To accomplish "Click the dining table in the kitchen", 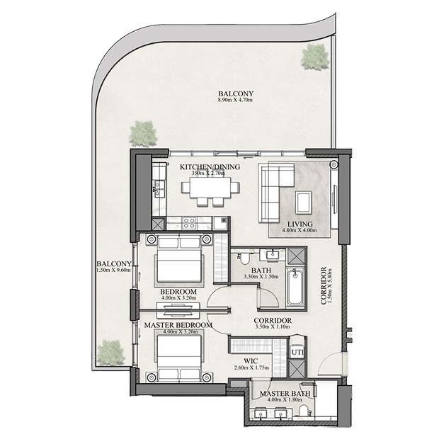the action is pos(210,188).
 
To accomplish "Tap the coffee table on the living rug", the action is pos(304,202).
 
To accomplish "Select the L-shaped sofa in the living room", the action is pos(275,193).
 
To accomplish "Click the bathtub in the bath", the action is pos(295,287).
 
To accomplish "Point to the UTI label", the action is pos(297,353).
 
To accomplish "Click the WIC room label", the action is pos(251,361).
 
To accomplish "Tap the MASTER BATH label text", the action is pos(285,394).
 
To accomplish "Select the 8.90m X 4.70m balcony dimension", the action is pos(236,100).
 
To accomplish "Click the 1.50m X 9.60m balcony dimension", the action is pos(113,270).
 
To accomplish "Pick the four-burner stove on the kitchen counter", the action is pos(188,224).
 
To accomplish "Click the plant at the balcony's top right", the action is pos(314,57).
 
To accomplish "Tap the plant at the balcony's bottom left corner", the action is pos(110,353).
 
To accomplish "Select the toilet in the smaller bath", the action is pos(244,258).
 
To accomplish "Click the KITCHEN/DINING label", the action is pos(210,167).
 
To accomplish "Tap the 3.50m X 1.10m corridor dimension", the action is pos(273,326).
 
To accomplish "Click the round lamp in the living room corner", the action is pos(334,165).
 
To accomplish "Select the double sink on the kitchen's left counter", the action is pos(159,188).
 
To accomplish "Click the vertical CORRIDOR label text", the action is pos(324,285).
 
